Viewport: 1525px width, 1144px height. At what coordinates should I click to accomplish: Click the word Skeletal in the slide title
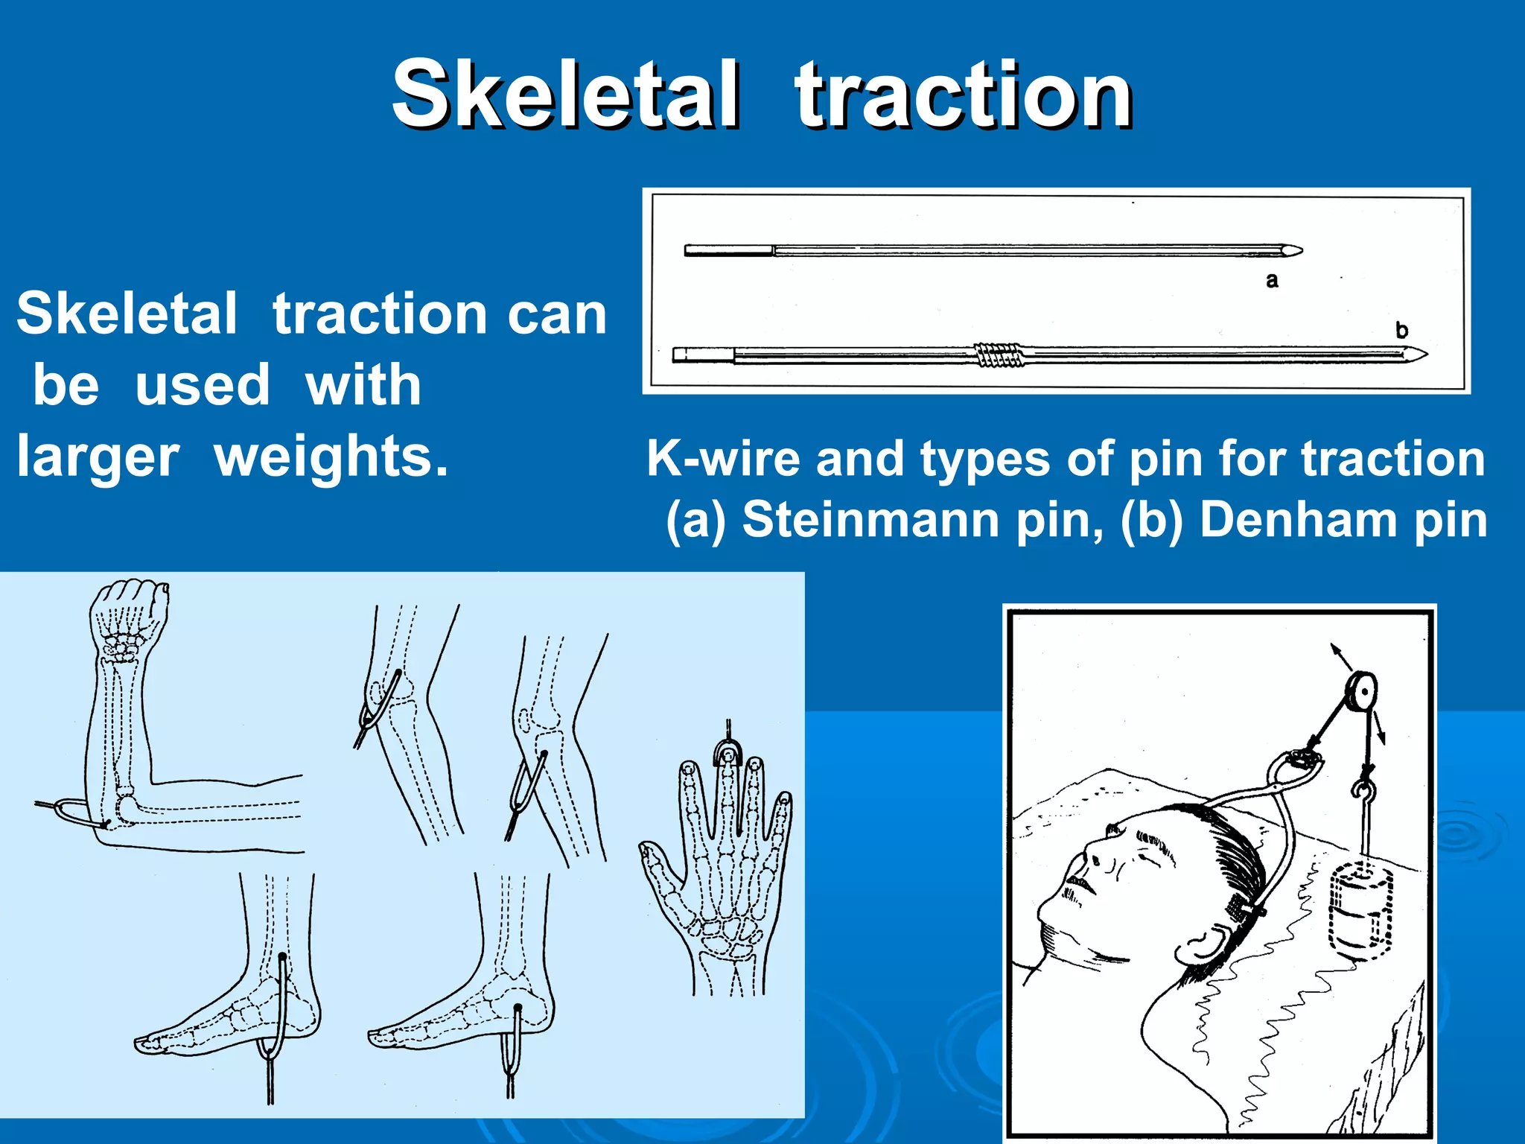point(566,95)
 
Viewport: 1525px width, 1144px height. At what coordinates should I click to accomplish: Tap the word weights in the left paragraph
point(331,457)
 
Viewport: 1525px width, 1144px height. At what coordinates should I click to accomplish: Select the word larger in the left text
point(98,457)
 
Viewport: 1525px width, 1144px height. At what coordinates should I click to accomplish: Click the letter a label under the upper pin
point(1272,281)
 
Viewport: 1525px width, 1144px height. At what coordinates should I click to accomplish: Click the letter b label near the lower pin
point(1401,330)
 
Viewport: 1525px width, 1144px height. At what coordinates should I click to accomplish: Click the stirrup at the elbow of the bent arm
point(73,812)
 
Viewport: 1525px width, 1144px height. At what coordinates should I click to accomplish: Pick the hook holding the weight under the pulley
point(1364,793)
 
